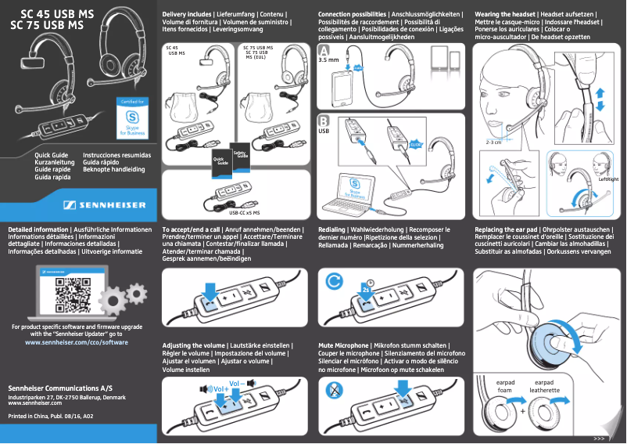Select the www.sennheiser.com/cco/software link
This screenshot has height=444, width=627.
(x=77, y=343)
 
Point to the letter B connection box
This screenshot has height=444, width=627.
(x=324, y=121)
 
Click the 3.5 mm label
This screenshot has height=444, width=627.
(x=328, y=60)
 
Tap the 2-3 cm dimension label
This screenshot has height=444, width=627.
(x=493, y=143)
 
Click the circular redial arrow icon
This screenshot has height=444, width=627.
(x=335, y=280)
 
